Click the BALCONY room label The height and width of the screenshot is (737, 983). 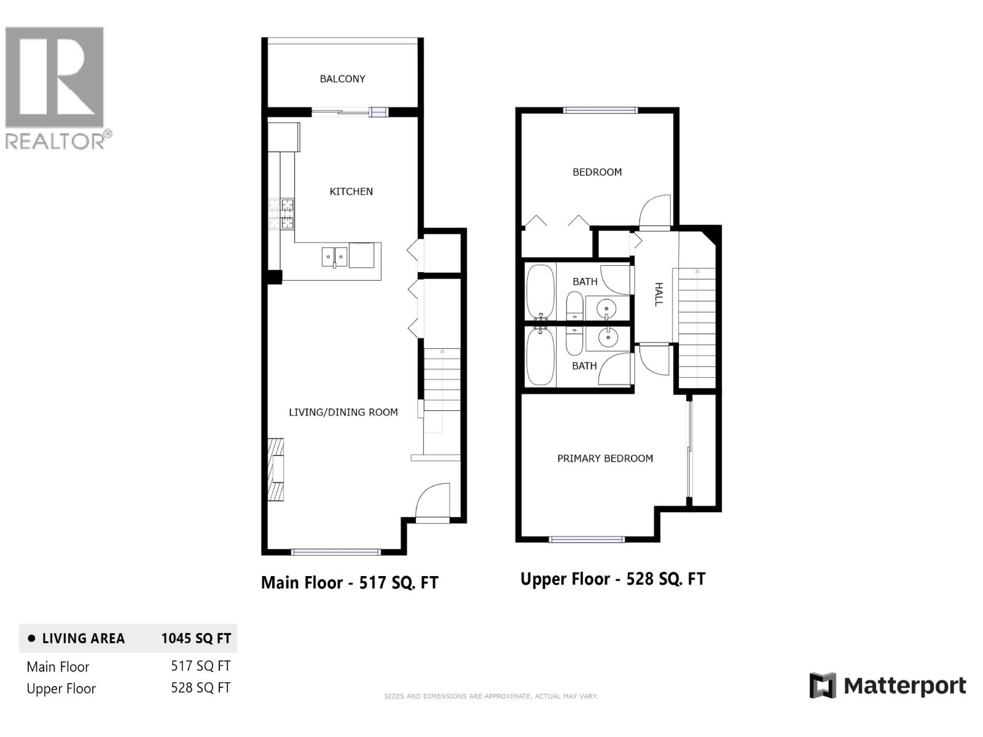(342, 79)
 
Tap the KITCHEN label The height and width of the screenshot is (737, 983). (351, 192)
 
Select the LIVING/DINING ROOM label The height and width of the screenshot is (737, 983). (343, 412)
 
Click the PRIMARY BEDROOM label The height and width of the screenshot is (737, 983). (605, 458)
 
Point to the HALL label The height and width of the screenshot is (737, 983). (658, 294)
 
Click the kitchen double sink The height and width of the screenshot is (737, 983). (334, 256)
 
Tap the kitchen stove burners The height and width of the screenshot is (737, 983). (281, 214)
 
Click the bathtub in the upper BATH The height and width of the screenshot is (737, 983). (540, 291)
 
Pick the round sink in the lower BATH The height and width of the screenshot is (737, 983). (608, 338)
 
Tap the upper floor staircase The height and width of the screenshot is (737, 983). (696, 326)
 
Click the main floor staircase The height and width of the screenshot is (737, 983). (442, 381)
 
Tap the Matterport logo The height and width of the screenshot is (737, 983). (888, 685)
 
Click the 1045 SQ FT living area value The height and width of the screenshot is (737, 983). (196, 638)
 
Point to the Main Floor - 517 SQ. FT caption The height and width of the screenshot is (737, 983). (350, 582)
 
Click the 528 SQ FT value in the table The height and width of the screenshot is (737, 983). (200, 688)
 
